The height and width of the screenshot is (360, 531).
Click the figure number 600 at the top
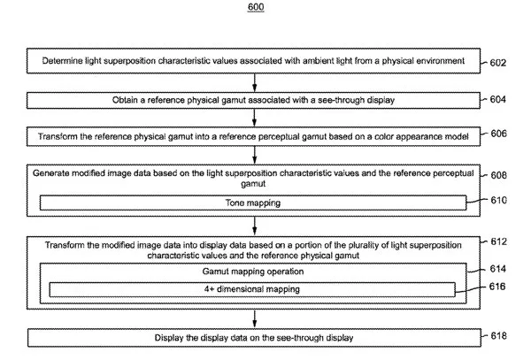pyautogui.click(x=256, y=7)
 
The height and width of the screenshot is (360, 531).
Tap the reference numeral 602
pyautogui.click(x=498, y=63)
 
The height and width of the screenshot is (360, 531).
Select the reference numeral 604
pyautogui.click(x=498, y=99)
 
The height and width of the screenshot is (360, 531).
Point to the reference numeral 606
pyautogui.click(x=499, y=134)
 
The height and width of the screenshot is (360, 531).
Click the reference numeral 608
pyautogui.click(x=499, y=175)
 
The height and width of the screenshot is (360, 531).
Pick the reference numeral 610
pyautogui.click(x=499, y=200)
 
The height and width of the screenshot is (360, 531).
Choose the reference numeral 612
pyautogui.click(x=499, y=241)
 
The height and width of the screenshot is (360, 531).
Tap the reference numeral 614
pyautogui.click(x=498, y=269)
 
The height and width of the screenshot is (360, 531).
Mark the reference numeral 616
pyautogui.click(x=497, y=287)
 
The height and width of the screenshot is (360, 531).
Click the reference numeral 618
pyautogui.click(x=499, y=335)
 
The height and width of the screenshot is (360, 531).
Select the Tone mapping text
pyautogui.click(x=253, y=203)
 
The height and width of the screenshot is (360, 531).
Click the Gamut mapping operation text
pyautogui.click(x=253, y=272)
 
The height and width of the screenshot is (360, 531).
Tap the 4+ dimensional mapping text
pyautogui.click(x=252, y=289)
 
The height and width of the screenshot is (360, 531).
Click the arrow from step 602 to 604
pyautogui.click(x=254, y=82)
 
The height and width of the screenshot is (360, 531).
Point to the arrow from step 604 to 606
pyautogui.click(x=254, y=118)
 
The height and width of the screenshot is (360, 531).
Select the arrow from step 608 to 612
pyautogui.click(x=254, y=226)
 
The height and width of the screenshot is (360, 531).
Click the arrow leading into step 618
pyautogui.click(x=254, y=318)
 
